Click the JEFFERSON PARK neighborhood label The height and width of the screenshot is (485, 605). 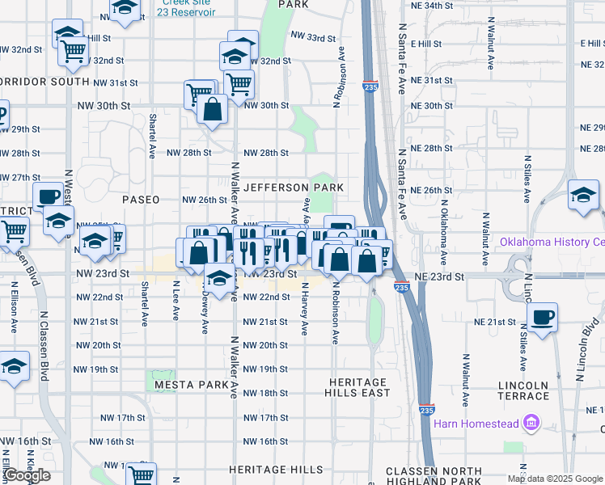click(x=294, y=188)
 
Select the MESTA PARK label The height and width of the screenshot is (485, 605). click(x=185, y=385)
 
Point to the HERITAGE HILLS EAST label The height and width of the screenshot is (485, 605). click(x=359, y=387)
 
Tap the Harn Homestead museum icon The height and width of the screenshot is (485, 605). click(x=531, y=422)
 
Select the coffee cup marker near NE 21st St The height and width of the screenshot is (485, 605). click(x=542, y=315)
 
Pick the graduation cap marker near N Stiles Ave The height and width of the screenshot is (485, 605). click(x=583, y=195)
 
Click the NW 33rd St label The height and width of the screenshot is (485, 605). click(x=313, y=38)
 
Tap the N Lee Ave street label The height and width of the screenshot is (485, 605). click(x=176, y=300)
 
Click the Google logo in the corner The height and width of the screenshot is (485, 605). click(x=27, y=475)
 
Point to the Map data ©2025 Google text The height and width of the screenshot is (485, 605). click(x=555, y=479)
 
